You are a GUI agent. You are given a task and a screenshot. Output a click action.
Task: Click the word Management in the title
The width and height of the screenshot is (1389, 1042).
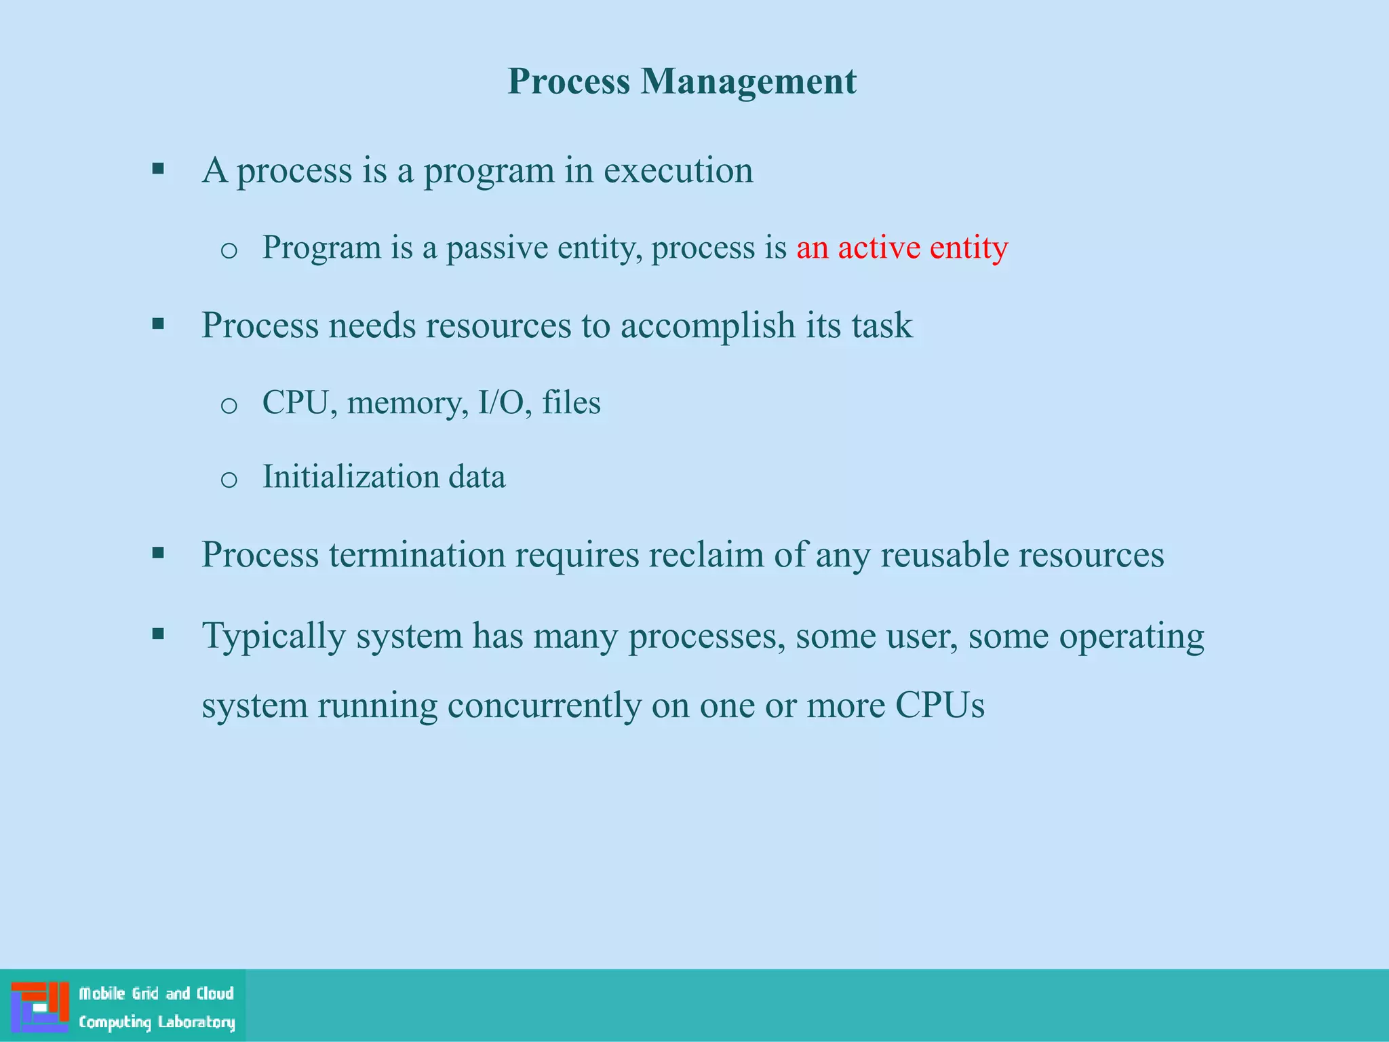(x=749, y=81)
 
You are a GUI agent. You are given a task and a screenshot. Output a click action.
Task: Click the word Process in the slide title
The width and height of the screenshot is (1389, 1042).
(x=569, y=81)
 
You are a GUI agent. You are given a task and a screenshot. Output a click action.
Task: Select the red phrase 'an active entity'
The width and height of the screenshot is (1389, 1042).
(x=902, y=247)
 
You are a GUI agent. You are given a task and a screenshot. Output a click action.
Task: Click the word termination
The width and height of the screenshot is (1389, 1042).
(x=417, y=554)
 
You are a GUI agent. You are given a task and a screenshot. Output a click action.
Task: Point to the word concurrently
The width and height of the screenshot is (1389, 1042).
(x=544, y=706)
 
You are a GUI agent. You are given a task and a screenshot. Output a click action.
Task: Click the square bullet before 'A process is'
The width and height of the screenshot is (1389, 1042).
(x=159, y=169)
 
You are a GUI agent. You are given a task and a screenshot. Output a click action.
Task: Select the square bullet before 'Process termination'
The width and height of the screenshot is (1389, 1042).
(x=159, y=554)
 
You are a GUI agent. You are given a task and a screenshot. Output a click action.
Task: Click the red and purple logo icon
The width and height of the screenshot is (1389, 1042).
(x=40, y=1007)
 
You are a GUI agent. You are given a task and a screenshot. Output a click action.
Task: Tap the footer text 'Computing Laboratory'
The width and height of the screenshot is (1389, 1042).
(x=157, y=1022)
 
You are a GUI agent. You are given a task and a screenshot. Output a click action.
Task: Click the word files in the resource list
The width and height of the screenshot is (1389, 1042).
(x=571, y=402)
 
